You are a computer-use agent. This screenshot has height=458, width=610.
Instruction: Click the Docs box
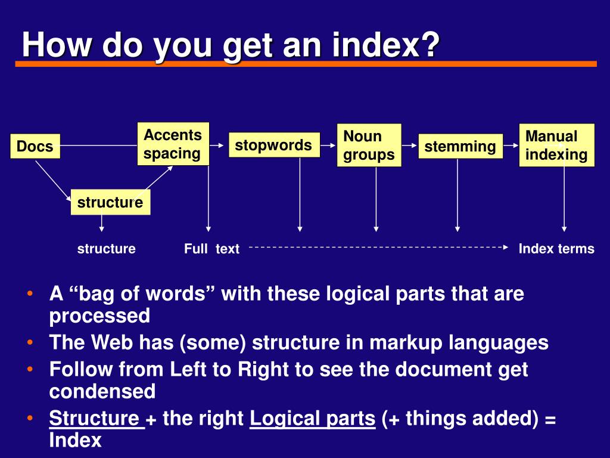click(x=35, y=146)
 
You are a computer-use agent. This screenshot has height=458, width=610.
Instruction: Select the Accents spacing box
click(x=173, y=144)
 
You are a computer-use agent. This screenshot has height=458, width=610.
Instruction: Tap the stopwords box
click(x=274, y=145)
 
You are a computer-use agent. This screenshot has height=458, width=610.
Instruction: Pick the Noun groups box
click(x=369, y=146)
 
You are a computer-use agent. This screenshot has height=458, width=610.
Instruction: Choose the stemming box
click(x=460, y=147)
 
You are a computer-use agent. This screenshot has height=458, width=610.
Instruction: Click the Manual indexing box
click(x=557, y=146)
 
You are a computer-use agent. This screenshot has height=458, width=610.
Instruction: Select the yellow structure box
click(x=110, y=202)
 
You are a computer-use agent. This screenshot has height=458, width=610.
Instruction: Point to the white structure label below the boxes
click(x=106, y=249)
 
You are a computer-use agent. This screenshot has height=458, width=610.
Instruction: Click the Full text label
click(x=211, y=249)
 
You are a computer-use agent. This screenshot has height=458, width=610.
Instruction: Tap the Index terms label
click(x=556, y=249)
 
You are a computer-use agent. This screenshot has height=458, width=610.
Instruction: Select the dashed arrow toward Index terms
click(x=378, y=247)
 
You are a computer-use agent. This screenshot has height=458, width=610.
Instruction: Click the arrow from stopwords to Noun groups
click(x=328, y=146)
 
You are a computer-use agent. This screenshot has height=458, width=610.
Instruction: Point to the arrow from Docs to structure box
click(x=53, y=181)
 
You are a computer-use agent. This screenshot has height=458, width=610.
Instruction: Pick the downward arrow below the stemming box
click(x=457, y=195)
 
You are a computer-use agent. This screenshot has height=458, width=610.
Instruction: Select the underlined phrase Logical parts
click(x=312, y=418)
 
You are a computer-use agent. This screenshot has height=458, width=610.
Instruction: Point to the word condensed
click(x=102, y=391)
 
